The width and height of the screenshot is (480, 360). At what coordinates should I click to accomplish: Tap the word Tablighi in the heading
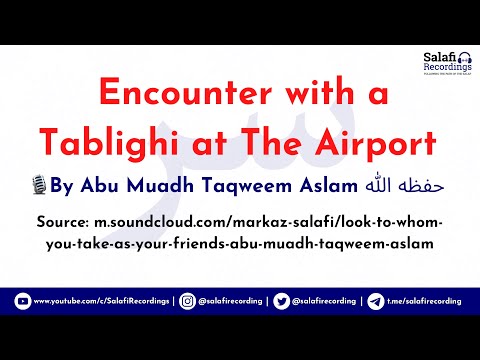(x=116, y=143)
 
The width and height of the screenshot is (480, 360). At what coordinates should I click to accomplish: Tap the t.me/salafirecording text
(x=426, y=301)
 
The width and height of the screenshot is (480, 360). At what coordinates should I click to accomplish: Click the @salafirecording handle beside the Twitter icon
(x=331, y=301)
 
